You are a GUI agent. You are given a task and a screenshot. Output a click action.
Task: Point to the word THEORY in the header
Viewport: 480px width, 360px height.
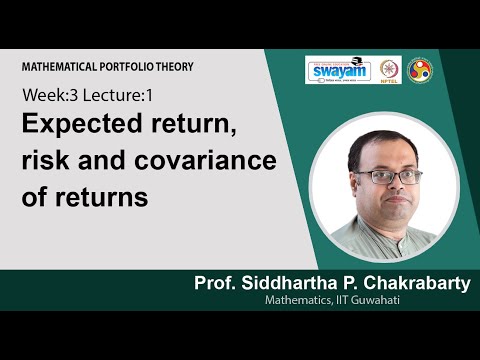[171, 66]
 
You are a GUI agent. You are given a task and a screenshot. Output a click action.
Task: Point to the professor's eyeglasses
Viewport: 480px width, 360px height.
[374, 176]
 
